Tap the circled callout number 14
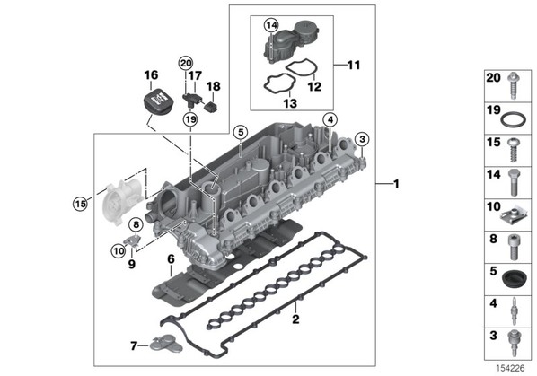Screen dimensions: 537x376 (271, 25)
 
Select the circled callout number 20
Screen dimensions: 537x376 (186, 64)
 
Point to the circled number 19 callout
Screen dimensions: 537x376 (190, 119)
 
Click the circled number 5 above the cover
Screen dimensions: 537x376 (241, 132)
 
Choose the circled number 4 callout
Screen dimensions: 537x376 (330, 119)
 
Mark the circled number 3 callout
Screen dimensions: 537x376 (362, 139)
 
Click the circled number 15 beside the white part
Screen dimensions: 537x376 (81, 205)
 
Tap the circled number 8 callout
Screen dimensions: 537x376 (136, 224)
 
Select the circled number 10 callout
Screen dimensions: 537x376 (119, 251)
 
